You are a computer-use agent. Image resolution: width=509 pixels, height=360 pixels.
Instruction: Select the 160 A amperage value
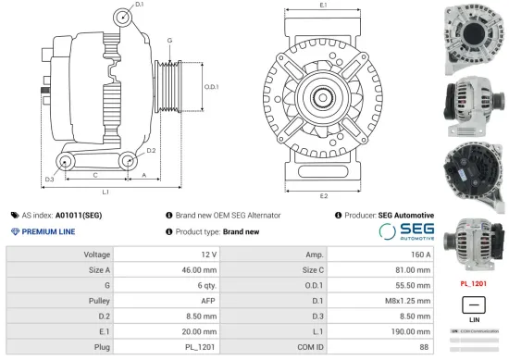point(421,254)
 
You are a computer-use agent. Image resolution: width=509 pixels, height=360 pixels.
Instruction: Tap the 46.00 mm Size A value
point(200,269)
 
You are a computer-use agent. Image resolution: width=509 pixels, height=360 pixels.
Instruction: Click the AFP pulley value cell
point(209,301)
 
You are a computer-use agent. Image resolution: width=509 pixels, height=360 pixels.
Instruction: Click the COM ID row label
point(311,347)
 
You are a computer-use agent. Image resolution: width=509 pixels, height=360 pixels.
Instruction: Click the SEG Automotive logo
point(405,230)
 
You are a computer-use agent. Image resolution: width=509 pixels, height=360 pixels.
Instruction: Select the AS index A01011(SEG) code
point(79,215)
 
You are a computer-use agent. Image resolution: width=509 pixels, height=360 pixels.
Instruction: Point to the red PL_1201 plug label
point(474,282)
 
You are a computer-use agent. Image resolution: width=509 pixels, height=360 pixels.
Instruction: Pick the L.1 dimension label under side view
point(106,192)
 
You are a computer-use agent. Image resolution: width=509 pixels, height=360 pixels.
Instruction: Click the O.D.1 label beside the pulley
point(211,87)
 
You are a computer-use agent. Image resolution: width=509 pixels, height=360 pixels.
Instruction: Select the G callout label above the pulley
point(168,42)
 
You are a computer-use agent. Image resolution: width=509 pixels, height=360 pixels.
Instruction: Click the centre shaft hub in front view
point(323,95)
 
